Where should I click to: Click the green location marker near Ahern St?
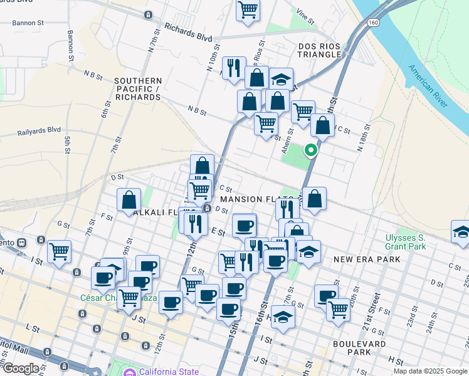(x=310, y=150)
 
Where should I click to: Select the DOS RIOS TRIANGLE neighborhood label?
(x=311, y=50)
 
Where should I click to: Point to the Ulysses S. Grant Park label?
(x=406, y=242)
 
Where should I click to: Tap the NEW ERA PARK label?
(x=359, y=259)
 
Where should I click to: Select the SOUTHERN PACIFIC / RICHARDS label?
(x=138, y=89)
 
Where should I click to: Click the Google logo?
(x=21, y=368)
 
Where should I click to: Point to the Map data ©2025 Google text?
(x=430, y=371)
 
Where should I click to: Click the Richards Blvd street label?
(x=188, y=33)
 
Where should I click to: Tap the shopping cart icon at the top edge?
(x=248, y=10)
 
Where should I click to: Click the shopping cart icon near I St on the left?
(x=59, y=251)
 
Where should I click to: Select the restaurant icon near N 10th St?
(x=234, y=67)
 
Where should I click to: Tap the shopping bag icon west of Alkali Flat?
(x=129, y=199)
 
